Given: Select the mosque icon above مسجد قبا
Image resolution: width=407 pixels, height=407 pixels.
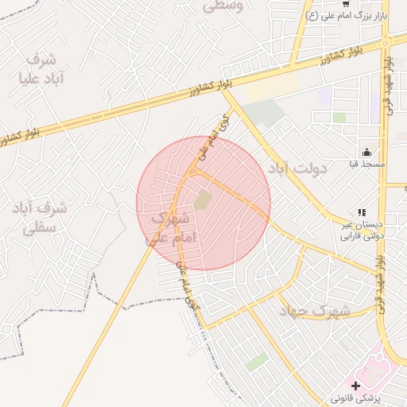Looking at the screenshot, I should (x=366, y=152).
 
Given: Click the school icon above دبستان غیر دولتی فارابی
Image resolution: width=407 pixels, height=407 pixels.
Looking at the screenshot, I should (x=362, y=212).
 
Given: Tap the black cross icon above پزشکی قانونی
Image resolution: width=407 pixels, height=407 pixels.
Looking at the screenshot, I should (x=355, y=385).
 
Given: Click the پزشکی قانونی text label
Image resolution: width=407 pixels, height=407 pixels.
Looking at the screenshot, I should (x=355, y=397).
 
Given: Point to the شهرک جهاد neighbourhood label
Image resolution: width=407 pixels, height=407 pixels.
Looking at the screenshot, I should (x=314, y=311).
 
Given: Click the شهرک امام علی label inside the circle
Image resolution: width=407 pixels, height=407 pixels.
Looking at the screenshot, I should (x=170, y=226).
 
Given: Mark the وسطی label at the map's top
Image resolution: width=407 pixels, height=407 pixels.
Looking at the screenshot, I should (x=224, y=6).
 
